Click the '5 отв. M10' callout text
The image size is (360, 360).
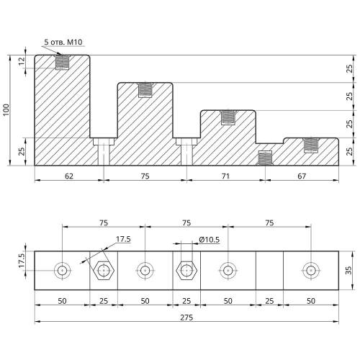(63, 42)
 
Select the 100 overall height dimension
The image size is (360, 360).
(6, 109)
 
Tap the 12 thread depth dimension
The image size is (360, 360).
(22, 61)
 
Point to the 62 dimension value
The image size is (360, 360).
(69, 176)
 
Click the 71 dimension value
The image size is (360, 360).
(225, 176)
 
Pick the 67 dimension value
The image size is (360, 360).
(302, 176)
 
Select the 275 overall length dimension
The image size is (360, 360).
(186, 318)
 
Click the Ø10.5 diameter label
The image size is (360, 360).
(210, 240)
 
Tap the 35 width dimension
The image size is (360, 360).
(348, 270)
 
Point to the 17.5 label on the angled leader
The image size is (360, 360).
(123, 239)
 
